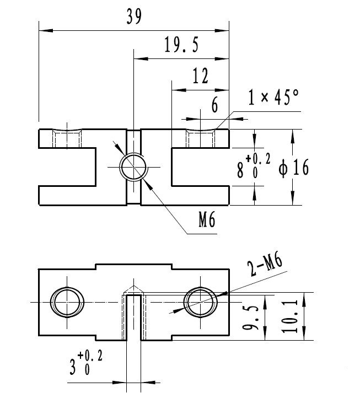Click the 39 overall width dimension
click(x=133, y=18)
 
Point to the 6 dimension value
click(x=214, y=106)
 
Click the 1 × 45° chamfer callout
click(x=273, y=98)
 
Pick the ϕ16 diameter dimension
click(x=294, y=167)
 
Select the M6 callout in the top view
click(x=206, y=220)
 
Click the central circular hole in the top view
click(x=133, y=166)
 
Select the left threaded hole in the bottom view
click(x=68, y=302)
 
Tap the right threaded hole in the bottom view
click(x=200, y=302)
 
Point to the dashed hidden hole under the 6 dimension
click(x=201, y=138)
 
